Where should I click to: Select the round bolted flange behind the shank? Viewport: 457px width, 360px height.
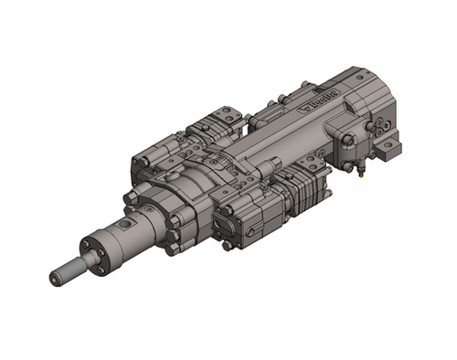tap(93, 249)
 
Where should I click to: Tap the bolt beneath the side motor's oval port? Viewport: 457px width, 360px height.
tap(227, 245)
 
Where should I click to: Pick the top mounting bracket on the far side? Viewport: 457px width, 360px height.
tap(219, 119)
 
